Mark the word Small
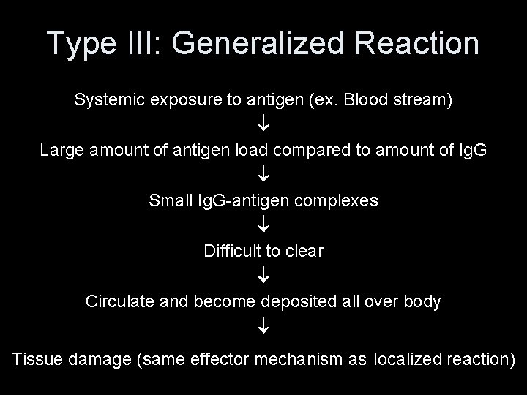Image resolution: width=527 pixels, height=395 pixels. coord(170,200)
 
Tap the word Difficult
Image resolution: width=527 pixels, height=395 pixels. coord(232,251)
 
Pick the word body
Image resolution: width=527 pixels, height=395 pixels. coord(422,301)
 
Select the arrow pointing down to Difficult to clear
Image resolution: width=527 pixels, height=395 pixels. coord(263,226)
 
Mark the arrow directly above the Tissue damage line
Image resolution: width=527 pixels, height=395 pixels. coord(263,327)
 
